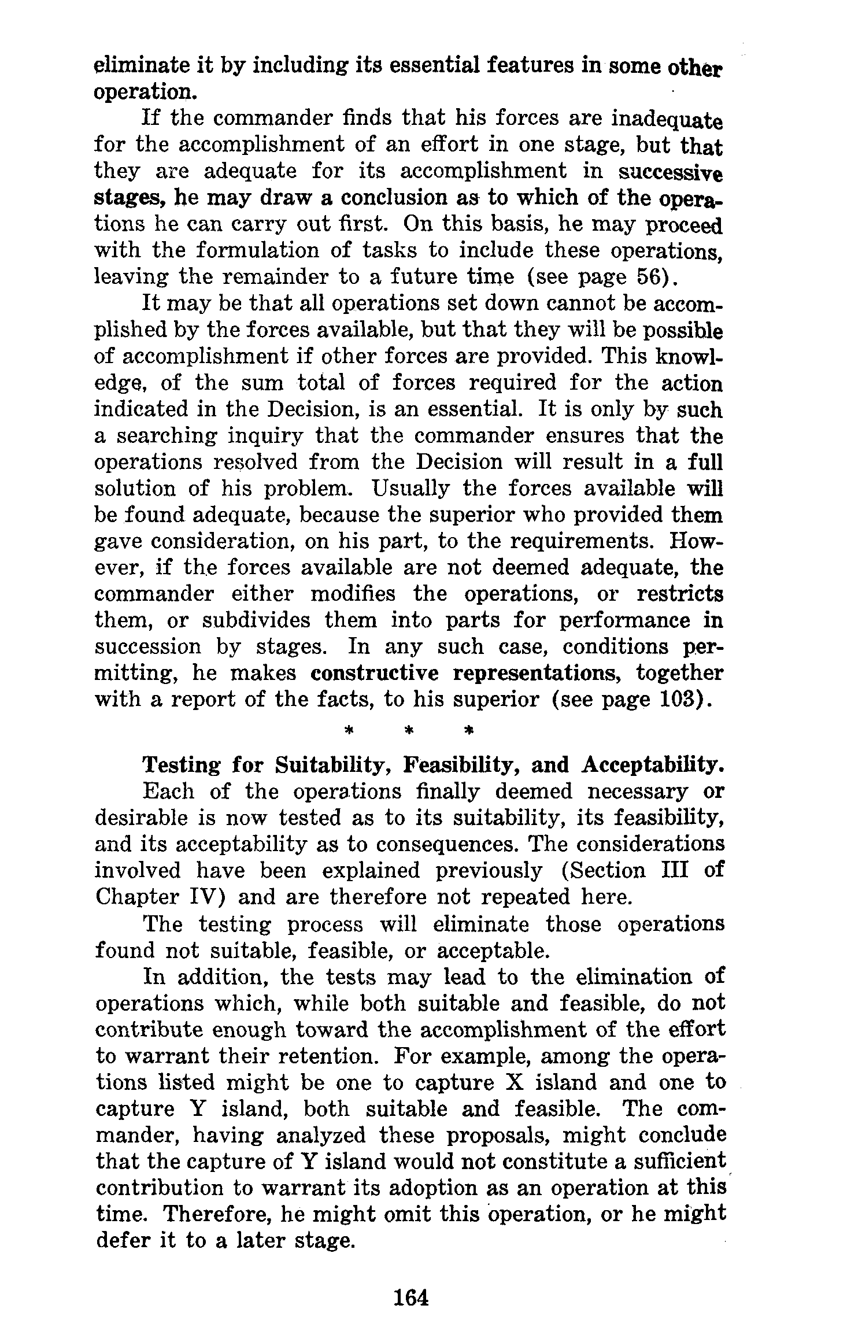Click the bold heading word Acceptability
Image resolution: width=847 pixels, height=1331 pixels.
653,766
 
